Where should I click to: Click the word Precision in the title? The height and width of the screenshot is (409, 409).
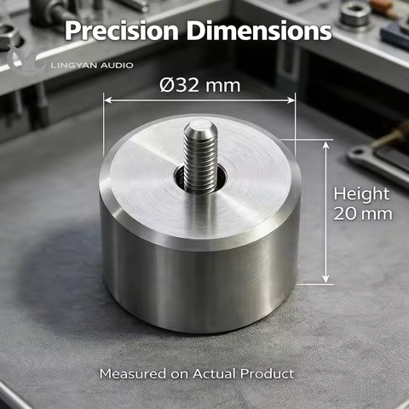click(x=119, y=31)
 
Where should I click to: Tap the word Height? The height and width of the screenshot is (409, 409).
click(x=361, y=193)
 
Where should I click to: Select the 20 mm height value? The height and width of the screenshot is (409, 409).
click(x=363, y=214)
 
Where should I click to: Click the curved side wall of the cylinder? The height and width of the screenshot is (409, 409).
click(x=200, y=281)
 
